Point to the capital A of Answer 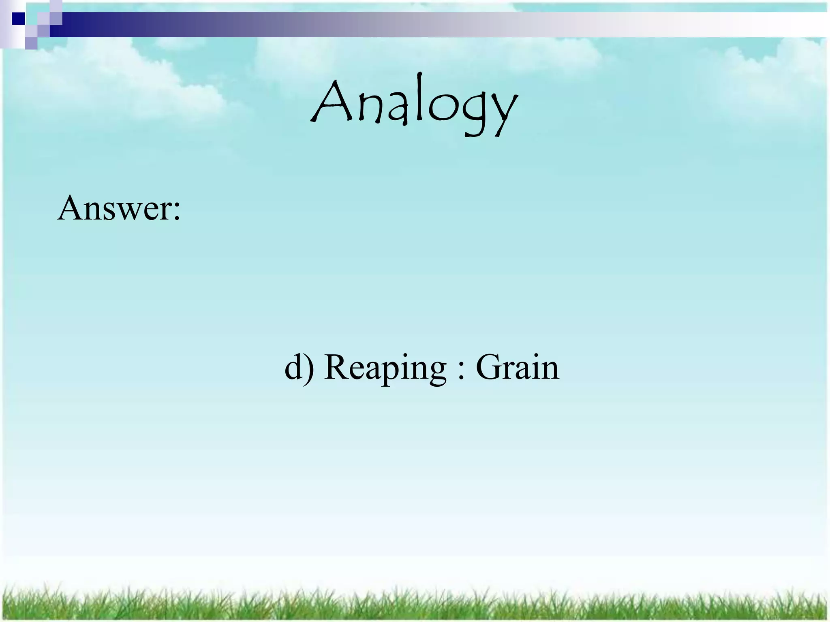point(71,208)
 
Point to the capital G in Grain point(489,367)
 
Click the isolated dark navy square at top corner point(18,19)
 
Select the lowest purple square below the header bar point(31,43)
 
